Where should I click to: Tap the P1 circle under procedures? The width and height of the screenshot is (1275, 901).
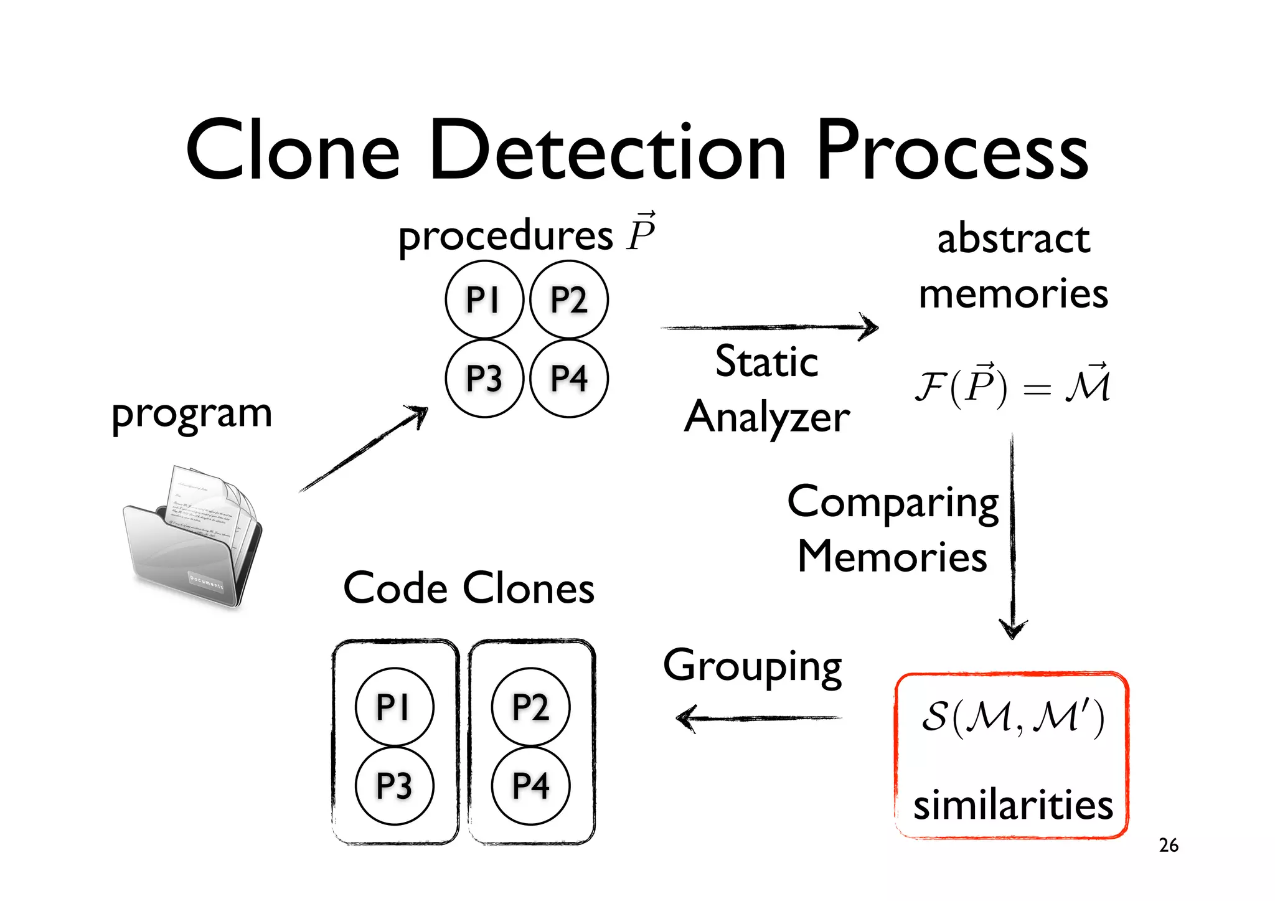[484, 300]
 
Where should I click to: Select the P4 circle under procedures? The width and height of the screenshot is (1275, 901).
[569, 378]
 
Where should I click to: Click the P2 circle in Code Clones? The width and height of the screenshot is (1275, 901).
[530, 707]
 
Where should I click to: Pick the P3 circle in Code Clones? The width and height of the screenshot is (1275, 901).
[394, 785]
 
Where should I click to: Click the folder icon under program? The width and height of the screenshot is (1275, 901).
[194, 535]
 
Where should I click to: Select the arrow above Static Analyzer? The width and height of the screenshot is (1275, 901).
[769, 327]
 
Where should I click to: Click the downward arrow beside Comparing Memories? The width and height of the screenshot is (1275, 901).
[1012, 535]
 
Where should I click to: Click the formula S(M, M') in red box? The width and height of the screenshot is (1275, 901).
[1013, 717]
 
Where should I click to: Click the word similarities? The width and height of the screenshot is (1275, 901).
[1013, 804]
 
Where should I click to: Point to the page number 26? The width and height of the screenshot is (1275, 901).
[1169, 845]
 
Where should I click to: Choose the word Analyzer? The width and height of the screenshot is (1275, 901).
[767, 417]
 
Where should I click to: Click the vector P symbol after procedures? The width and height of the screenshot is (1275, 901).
[641, 232]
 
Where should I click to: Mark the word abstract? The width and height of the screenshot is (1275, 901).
[1014, 238]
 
